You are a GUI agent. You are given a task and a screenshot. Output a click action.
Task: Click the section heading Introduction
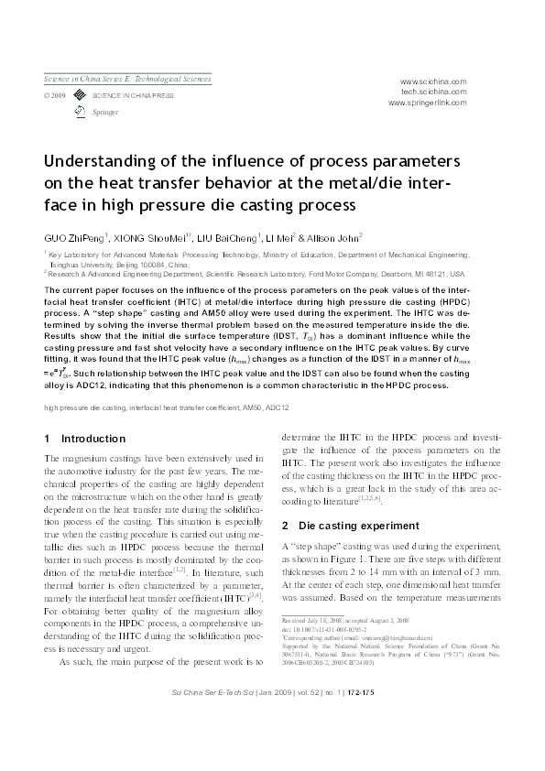tap(93, 439)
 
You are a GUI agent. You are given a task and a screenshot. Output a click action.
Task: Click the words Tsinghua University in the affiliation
tap(85, 263)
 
